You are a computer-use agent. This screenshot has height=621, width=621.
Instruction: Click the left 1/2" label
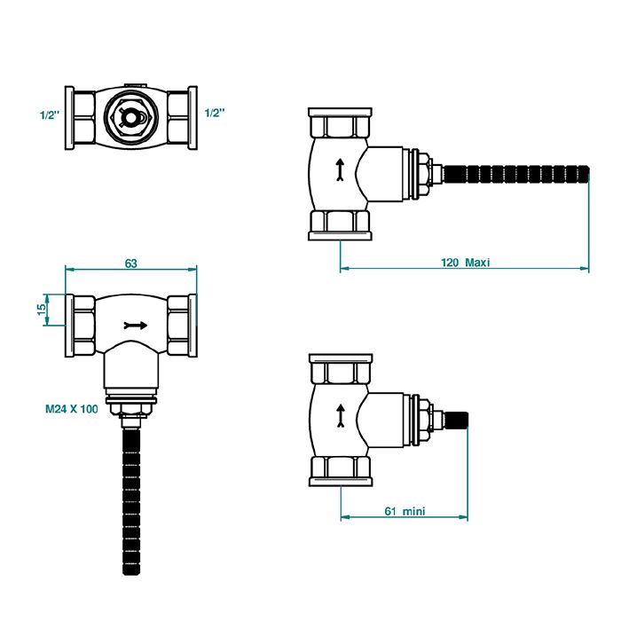coord(50,114)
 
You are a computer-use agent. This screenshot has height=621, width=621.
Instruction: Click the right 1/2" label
coord(215,114)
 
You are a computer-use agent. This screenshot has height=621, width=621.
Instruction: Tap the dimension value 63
coord(130,263)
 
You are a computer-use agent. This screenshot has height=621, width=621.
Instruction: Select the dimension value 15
coord(41,310)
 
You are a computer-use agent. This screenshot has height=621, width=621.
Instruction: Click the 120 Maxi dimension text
coord(466,263)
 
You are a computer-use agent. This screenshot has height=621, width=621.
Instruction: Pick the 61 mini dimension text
coord(404,512)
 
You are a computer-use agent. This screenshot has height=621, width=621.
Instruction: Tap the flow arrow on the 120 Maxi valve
coord(339,171)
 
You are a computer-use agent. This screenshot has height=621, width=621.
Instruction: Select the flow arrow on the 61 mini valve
coord(339,415)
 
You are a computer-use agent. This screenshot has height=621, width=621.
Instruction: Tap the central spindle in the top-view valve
coord(131,114)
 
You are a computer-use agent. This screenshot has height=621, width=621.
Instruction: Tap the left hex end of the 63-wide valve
coord(82,324)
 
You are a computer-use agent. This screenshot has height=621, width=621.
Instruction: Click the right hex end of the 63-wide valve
coord(180,324)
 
